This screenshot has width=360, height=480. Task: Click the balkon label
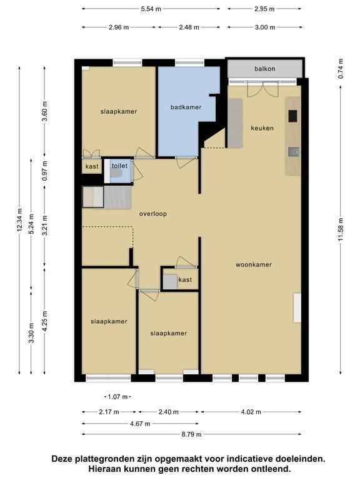pos(265,69)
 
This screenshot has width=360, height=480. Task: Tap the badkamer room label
pos(186,107)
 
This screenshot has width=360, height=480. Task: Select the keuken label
pos(262,128)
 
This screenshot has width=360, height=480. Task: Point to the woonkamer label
pos(254,264)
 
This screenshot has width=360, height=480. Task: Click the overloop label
pos(152,214)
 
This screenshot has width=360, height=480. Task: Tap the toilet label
pos(119,166)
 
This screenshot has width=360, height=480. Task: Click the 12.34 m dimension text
pos(19,220)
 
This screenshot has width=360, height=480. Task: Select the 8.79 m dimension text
pos(192,434)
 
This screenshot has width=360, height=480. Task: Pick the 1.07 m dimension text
pos(118,397)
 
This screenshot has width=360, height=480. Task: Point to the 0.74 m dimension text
pos(341,69)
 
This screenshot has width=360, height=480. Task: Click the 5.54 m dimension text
pos(151,9)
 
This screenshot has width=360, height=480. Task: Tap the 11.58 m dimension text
pos(341,229)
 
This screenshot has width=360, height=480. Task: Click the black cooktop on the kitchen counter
pos(292,116)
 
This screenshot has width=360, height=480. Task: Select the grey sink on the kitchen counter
pos(294,152)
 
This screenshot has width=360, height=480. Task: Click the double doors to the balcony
pos(263,89)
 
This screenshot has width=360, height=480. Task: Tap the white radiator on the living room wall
pos(297,308)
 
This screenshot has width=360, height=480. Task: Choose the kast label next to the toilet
pos(92,166)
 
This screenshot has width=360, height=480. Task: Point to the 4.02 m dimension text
pos(251,412)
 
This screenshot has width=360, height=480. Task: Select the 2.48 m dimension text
pos(189,27)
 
